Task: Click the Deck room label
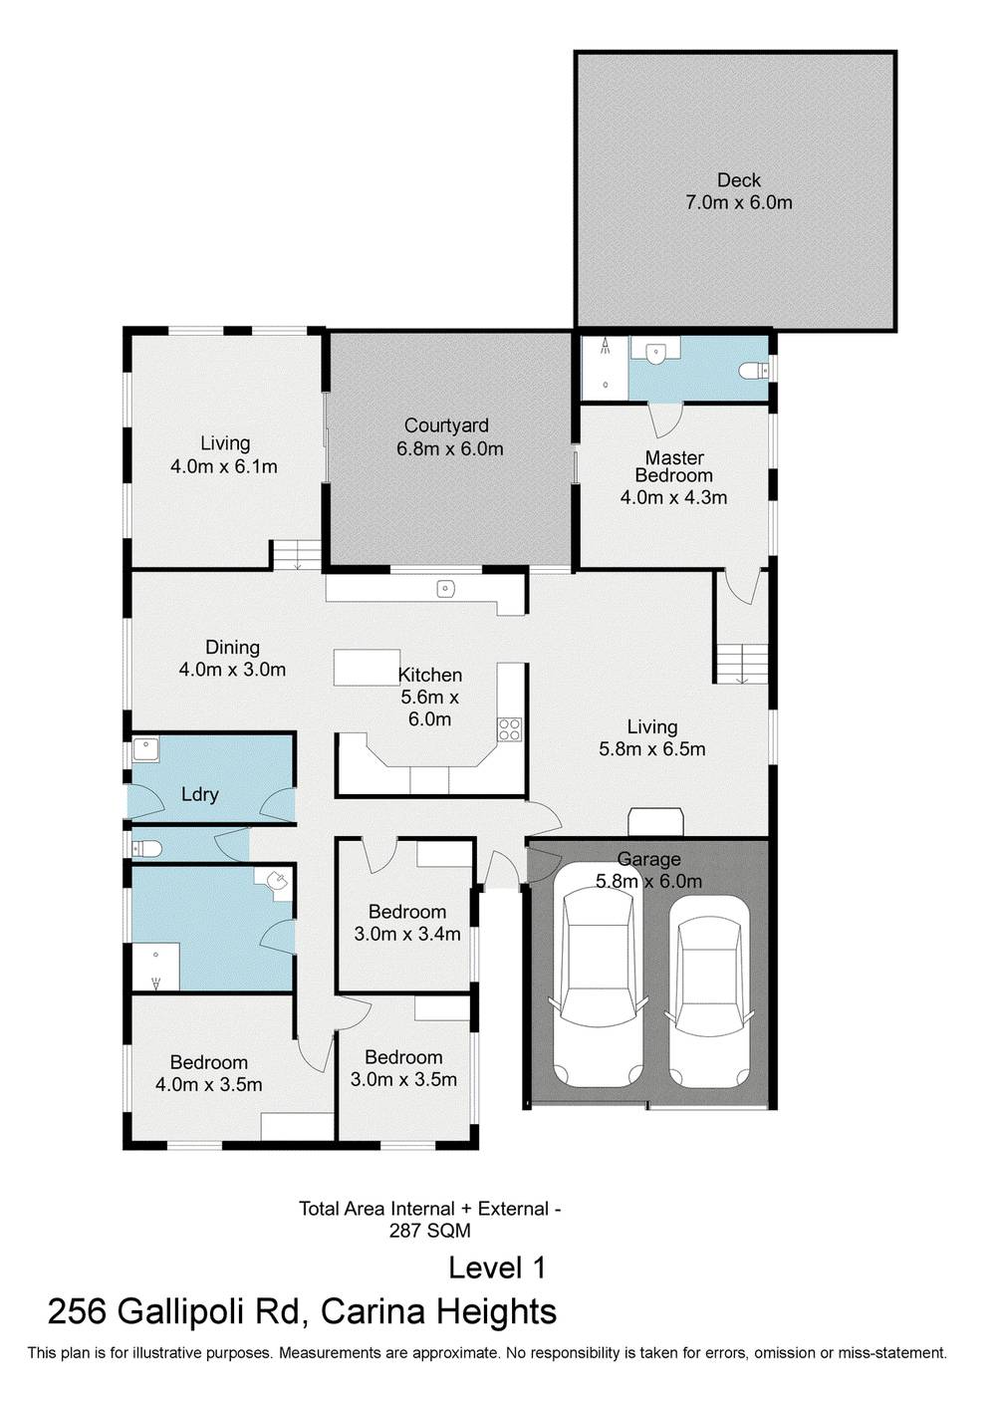tap(738, 191)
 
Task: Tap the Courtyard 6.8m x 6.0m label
tap(446, 437)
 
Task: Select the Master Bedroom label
tap(674, 476)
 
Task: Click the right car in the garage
tap(707, 991)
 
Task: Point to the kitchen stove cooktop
tap(509, 729)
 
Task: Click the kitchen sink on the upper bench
tap(444, 589)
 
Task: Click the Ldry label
tap(199, 795)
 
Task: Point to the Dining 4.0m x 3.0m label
tap(232, 659)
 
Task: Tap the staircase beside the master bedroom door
tap(741, 663)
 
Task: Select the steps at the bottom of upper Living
tap(297, 555)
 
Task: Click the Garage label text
tap(648, 859)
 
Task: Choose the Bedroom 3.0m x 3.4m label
tap(406, 923)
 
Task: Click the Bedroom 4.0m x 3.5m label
tap(208, 1073)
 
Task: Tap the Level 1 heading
tap(497, 1268)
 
